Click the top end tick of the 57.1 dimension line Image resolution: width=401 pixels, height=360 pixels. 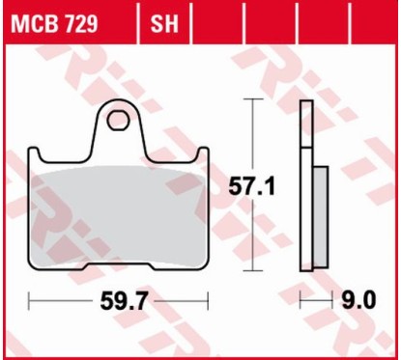click(x=253, y=98)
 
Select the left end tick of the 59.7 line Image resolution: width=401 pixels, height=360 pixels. click(x=30, y=302)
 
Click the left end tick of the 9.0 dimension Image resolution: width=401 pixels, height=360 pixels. click(x=302, y=302)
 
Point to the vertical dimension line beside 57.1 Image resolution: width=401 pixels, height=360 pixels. click(x=253, y=232)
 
